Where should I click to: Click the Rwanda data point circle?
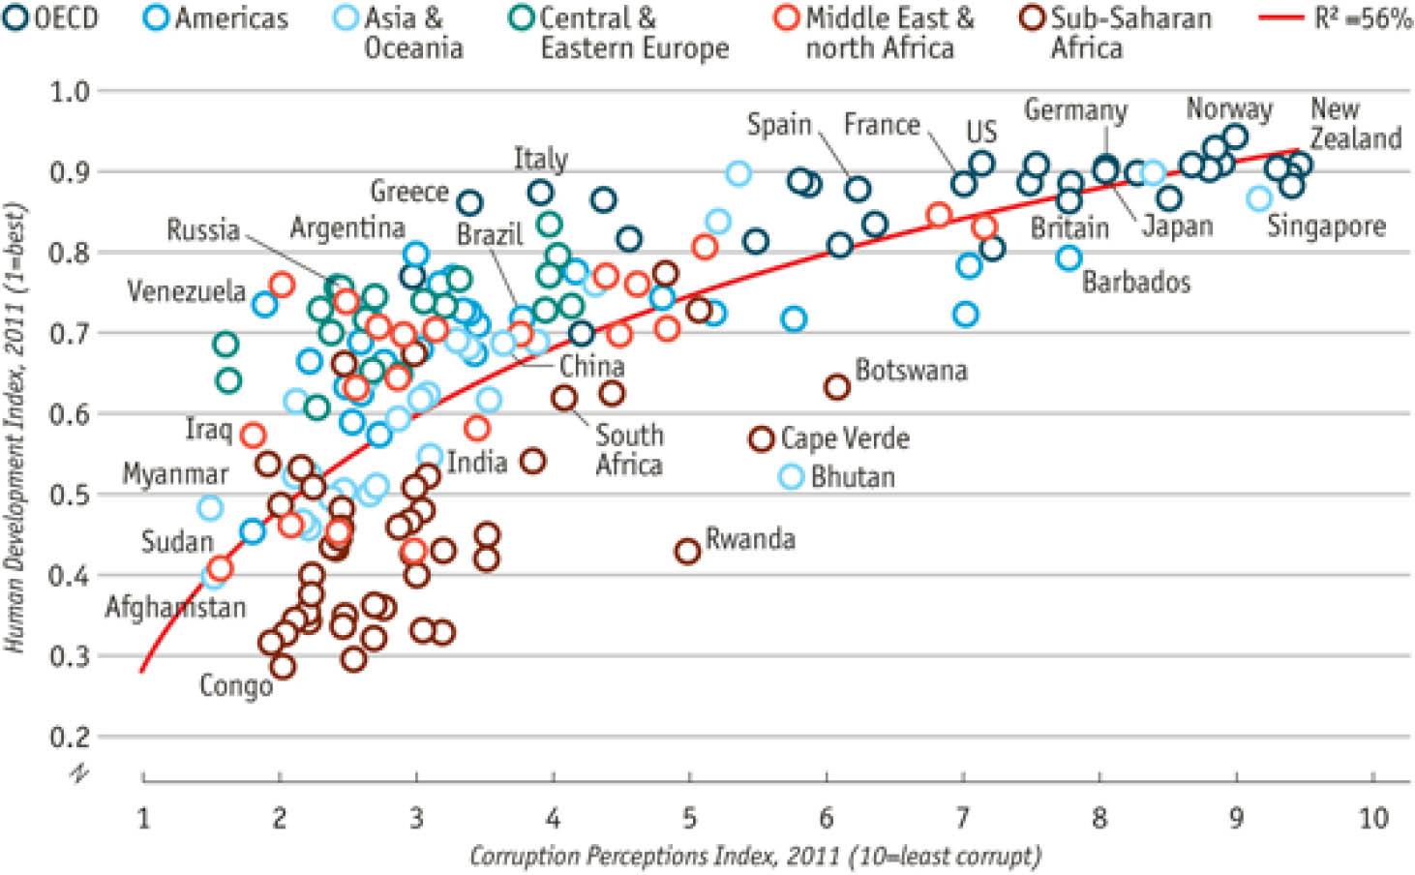687,552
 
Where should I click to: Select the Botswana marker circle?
837,387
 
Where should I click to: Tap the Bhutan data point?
793,476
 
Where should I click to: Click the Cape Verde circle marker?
763,438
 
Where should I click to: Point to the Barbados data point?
1069,258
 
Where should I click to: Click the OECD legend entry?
53,18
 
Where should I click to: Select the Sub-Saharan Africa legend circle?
1036,18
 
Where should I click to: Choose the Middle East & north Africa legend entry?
876,32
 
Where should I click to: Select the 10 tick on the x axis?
1373,818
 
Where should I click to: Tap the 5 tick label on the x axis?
689,818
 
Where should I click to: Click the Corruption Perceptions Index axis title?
755,857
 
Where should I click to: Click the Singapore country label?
1326,226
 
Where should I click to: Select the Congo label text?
236,686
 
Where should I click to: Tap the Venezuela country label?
186,291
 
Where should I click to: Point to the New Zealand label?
1355,123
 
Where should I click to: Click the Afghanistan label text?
175,608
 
